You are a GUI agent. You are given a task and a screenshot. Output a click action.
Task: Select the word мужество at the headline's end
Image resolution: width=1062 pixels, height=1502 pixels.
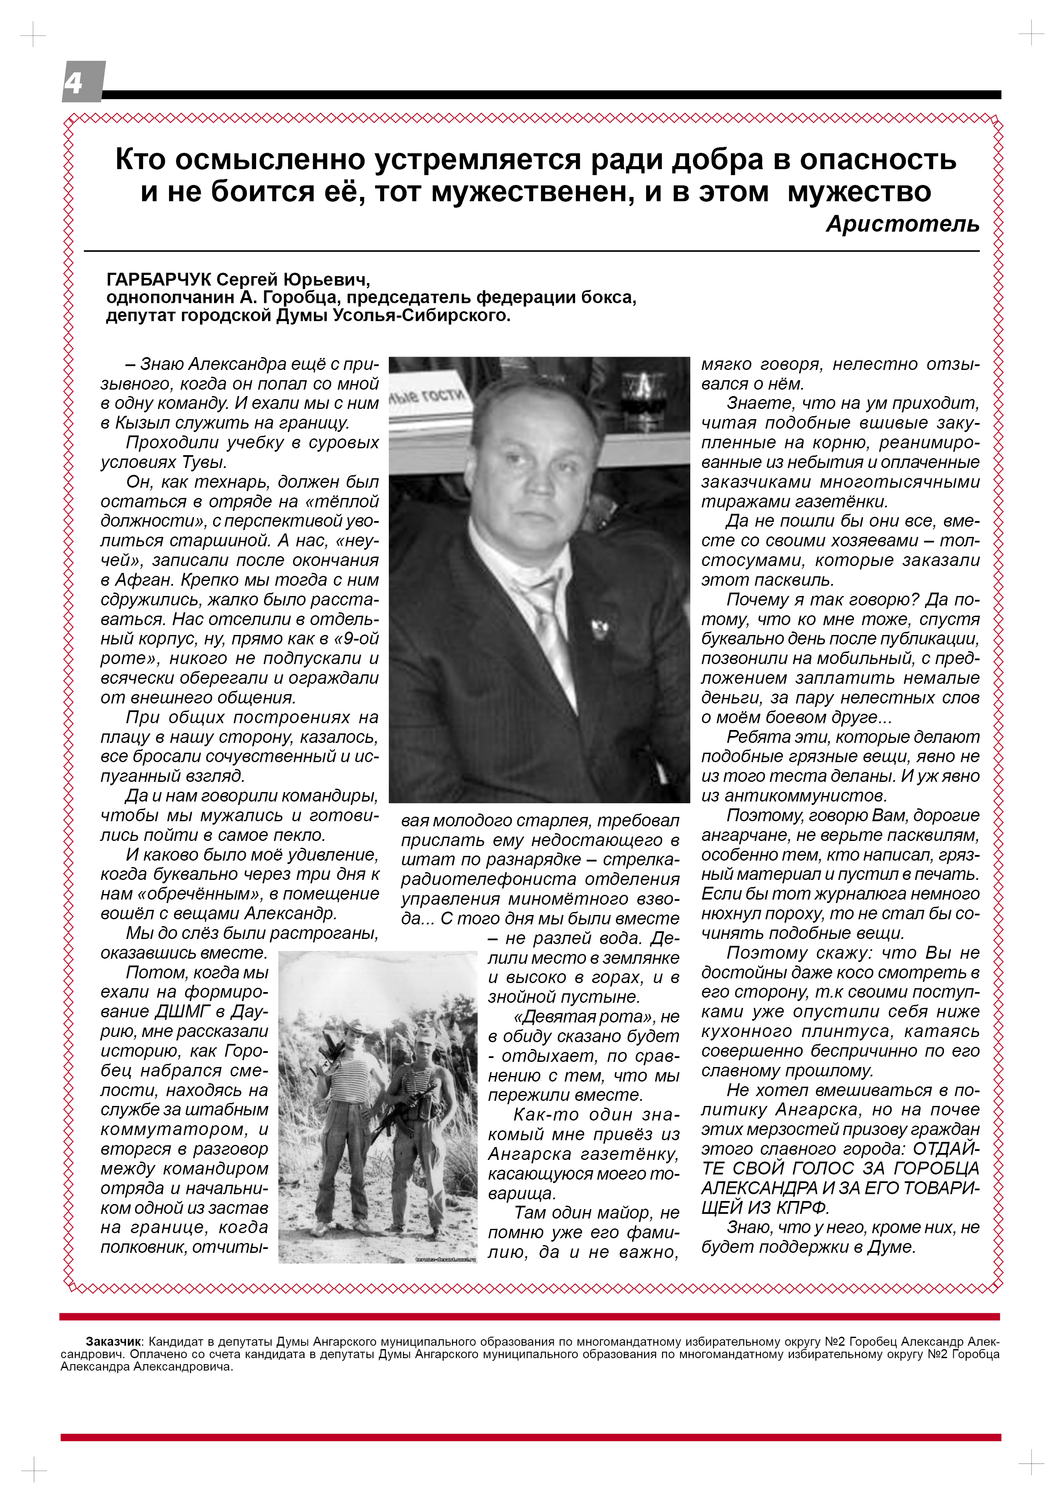coord(859,192)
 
